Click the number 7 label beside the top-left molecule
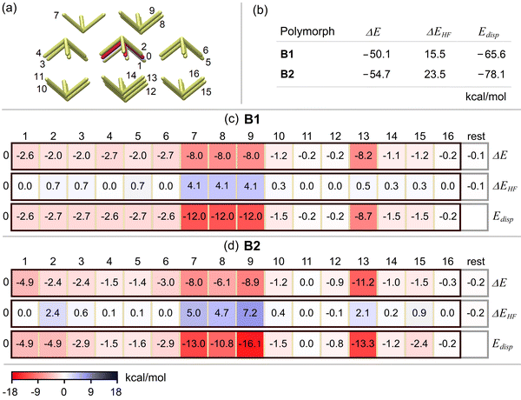[x=56, y=16]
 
